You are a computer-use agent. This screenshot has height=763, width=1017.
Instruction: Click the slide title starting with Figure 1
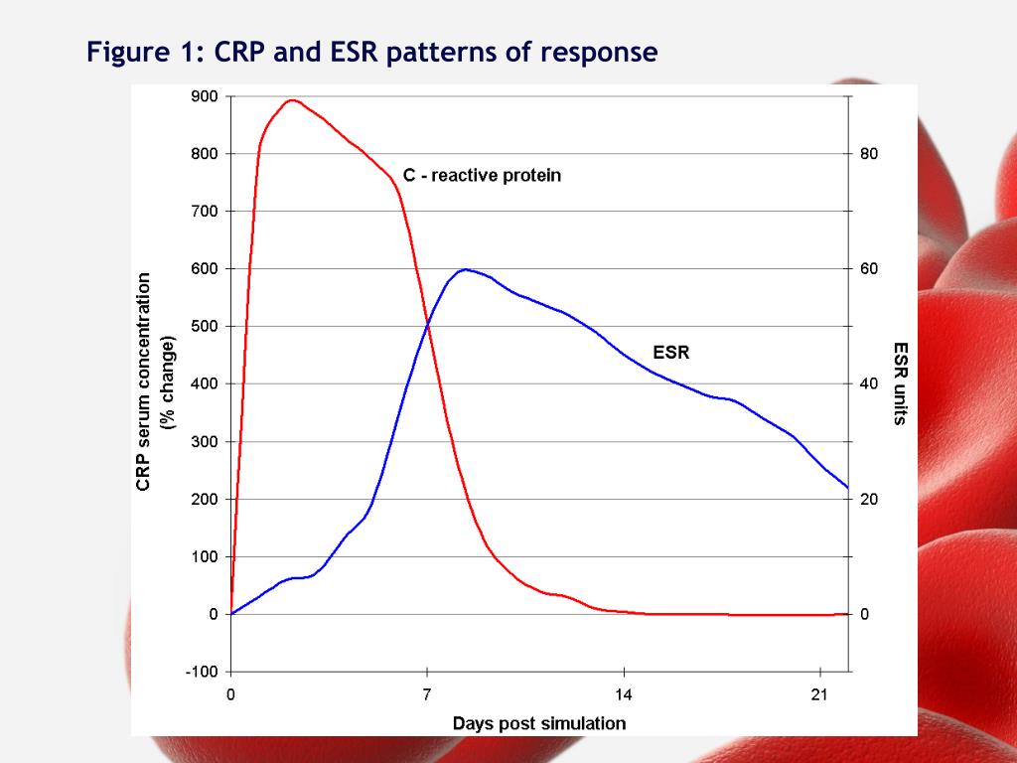(x=371, y=52)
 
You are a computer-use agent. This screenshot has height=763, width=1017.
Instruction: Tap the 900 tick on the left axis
(x=206, y=96)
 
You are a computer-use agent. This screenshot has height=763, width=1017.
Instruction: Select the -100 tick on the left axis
(x=203, y=672)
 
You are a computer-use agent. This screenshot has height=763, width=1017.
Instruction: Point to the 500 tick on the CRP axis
(x=206, y=327)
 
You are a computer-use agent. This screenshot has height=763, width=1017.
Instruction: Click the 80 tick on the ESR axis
(x=870, y=154)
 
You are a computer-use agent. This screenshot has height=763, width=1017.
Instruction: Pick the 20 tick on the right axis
(x=870, y=500)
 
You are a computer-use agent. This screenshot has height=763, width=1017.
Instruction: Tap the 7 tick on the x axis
(x=427, y=694)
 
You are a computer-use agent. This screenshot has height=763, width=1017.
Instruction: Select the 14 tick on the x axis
(x=623, y=694)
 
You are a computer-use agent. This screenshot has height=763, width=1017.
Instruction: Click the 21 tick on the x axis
(x=818, y=694)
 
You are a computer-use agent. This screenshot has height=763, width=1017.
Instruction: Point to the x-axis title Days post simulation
(x=539, y=723)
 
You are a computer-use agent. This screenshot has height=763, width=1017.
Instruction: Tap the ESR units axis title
(x=900, y=382)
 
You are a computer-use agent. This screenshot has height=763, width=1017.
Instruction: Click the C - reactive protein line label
(x=482, y=176)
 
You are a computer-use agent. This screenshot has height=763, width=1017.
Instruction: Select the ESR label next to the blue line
(x=670, y=352)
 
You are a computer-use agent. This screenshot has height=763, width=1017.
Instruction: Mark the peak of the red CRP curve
(x=291, y=99)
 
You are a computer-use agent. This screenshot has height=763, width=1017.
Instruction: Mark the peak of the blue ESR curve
(x=465, y=269)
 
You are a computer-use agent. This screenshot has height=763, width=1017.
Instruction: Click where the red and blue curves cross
(x=428, y=325)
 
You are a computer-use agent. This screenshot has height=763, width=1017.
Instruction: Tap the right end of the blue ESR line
(x=848, y=487)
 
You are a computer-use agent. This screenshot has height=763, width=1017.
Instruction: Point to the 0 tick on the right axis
(x=865, y=615)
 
